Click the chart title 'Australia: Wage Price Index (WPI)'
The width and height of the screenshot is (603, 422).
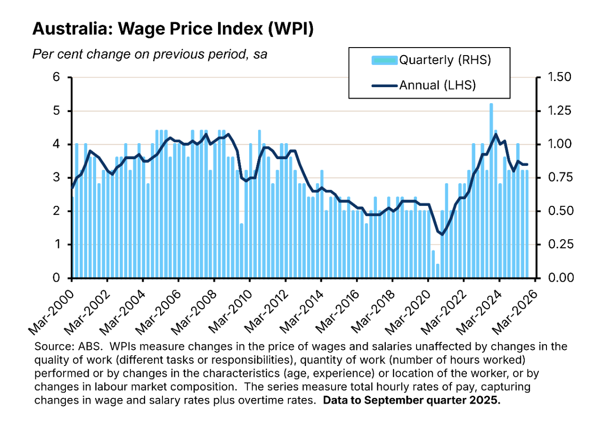point(172,29)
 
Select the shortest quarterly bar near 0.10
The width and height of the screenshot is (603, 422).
point(438,271)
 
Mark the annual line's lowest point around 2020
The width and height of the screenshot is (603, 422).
point(441,234)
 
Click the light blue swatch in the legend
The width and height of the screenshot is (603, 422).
point(385,60)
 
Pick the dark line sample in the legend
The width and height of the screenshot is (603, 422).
point(385,85)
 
